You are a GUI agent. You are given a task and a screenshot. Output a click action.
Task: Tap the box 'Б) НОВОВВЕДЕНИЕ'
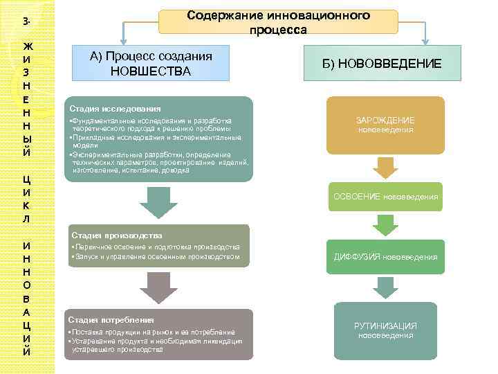pyautogui.click(x=390, y=64)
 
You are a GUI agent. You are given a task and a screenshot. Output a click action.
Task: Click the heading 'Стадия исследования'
pyautogui.click(x=115, y=109)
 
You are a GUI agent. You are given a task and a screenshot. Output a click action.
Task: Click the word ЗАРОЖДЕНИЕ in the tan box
pyautogui.click(x=385, y=120)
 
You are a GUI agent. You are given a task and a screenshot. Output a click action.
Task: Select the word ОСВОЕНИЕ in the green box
pyautogui.click(x=360, y=197)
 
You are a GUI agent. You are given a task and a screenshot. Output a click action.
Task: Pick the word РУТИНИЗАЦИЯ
pyautogui.click(x=385, y=326)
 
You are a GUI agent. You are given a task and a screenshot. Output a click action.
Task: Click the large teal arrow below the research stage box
pyautogui.click(x=156, y=203)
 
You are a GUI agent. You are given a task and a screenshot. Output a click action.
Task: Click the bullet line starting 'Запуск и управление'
pyautogui.click(x=156, y=257)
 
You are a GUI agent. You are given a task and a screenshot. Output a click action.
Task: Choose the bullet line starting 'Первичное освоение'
pyautogui.click(x=156, y=247)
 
